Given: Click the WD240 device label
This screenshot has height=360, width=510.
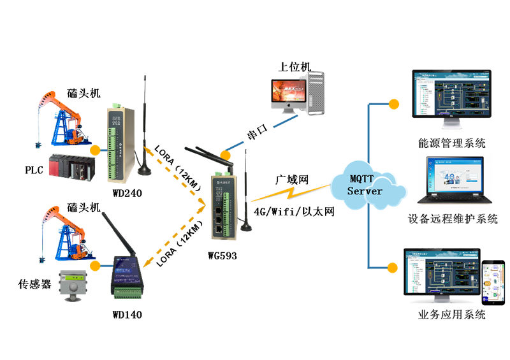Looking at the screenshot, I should click(x=127, y=193).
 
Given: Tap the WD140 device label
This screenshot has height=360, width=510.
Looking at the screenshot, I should click(x=127, y=314).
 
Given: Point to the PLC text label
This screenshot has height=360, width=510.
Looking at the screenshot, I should click(x=34, y=170).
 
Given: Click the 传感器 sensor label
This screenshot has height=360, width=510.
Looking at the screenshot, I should click(x=35, y=284).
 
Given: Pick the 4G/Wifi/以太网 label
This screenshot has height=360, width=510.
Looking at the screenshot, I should click(x=295, y=212).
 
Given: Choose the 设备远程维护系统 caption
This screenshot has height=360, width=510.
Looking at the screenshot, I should click(x=453, y=219).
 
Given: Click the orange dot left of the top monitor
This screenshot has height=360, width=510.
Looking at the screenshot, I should click(x=394, y=103).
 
